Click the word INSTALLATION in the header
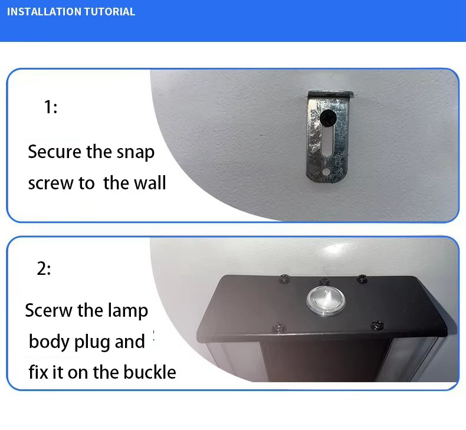click(x=44, y=12)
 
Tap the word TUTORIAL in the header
click(x=110, y=12)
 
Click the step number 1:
click(x=51, y=107)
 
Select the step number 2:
click(x=44, y=268)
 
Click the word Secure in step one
click(x=55, y=152)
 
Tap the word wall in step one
click(x=150, y=182)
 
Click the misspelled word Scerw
click(x=49, y=310)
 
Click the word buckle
click(x=150, y=372)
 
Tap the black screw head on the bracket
click(x=328, y=118)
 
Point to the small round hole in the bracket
click(x=326, y=172)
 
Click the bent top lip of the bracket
click(x=330, y=94)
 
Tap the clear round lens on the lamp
click(x=326, y=301)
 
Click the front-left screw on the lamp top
click(x=279, y=327)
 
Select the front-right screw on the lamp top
click(x=377, y=325)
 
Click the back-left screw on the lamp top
click(x=285, y=278)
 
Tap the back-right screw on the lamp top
click(x=362, y=279)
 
